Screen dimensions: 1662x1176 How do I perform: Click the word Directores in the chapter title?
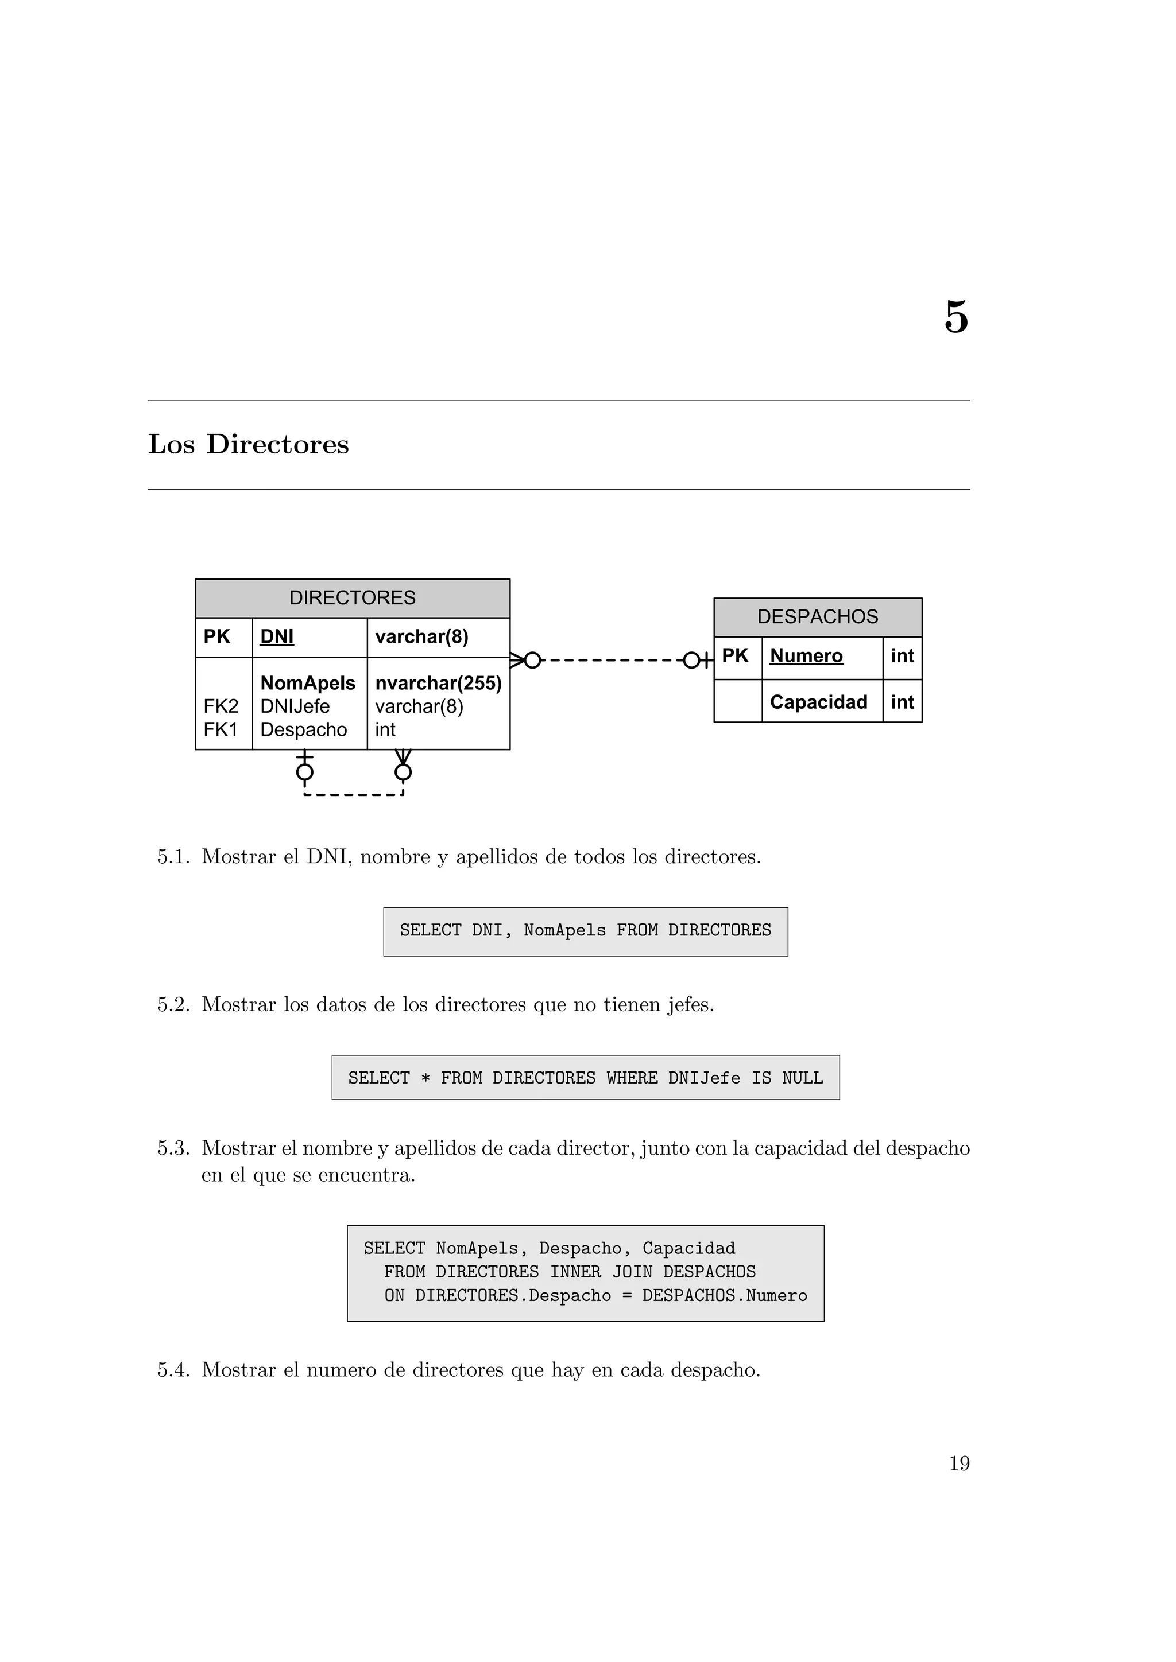277,444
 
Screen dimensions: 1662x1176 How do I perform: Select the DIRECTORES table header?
353,598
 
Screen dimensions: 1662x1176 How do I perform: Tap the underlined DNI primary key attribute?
277,637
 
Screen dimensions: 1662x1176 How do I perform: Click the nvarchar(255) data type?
438,684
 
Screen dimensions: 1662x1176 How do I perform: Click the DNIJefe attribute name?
295,706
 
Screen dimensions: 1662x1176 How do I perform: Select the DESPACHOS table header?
818,617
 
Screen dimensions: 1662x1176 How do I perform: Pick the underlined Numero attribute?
806,656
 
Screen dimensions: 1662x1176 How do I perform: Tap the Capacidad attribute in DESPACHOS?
818,702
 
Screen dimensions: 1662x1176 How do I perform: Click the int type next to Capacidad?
902,702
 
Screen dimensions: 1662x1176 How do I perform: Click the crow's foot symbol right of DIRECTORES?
517,660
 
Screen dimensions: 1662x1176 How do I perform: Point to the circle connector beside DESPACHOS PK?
691,660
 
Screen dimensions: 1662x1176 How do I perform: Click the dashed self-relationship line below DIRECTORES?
353,795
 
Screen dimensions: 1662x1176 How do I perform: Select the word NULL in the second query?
802,1078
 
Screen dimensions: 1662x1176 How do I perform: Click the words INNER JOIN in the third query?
601,1272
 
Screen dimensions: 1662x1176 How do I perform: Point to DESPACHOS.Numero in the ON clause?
724,1296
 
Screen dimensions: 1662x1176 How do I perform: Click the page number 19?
959,1463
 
